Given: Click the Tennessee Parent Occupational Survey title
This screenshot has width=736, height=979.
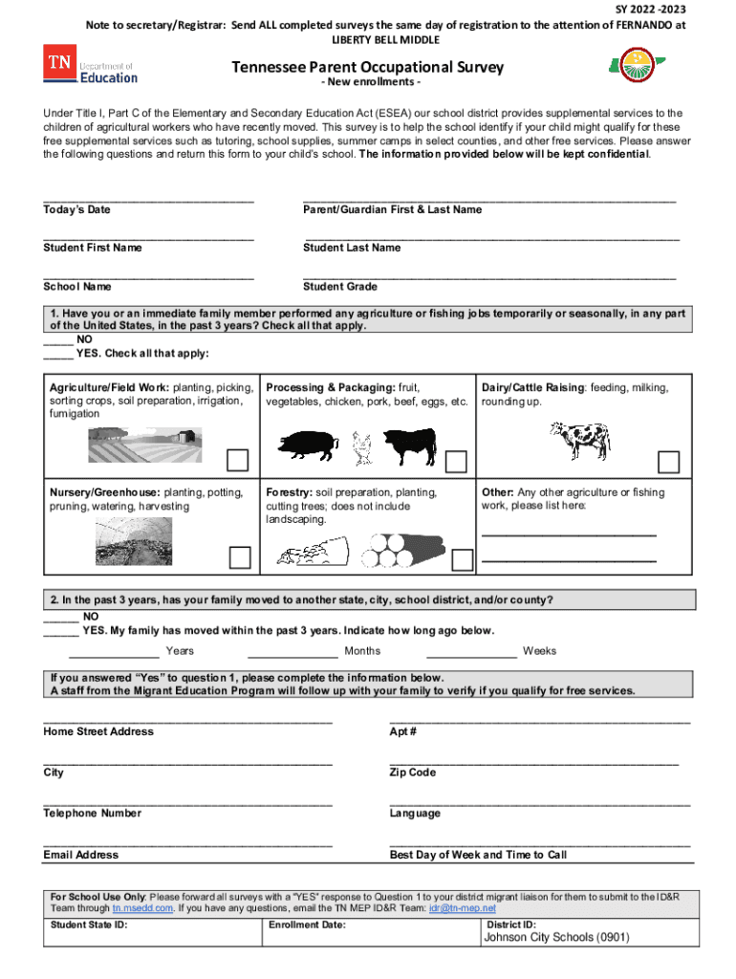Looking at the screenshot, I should (367, 68).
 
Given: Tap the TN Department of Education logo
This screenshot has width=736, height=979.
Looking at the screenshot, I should (89, 67).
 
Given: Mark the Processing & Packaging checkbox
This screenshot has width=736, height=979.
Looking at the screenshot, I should (457, 462).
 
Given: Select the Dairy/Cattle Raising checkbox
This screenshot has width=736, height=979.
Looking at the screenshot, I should (669, 462).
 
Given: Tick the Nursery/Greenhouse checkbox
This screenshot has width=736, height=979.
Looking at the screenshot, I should (239, 557).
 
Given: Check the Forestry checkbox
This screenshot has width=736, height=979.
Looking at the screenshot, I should (462, 559).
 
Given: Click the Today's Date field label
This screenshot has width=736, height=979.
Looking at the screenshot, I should (76, 209).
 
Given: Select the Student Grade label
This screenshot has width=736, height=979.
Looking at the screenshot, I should (339, 287).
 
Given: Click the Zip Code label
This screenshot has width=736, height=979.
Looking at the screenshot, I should (412, 772).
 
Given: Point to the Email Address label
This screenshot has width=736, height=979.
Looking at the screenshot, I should (80, 855).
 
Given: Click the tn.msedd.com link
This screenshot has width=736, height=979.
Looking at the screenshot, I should (142, 908).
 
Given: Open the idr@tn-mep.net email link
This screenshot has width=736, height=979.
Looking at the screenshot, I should (463, 908).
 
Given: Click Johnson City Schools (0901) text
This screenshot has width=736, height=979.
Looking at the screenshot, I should (556, 938).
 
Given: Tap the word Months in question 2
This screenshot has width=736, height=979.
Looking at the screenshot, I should (362, 651).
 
